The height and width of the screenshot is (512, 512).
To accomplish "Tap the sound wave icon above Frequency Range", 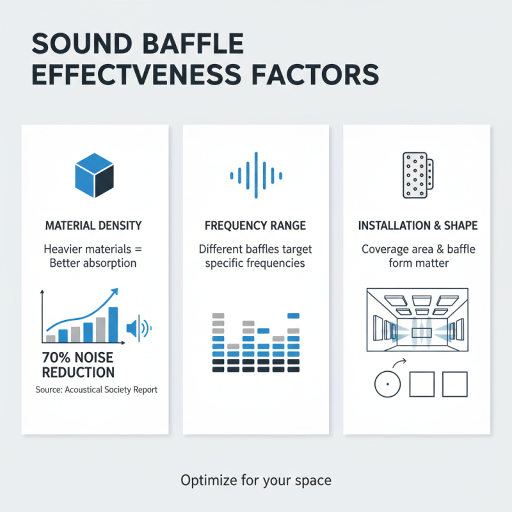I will coord(255,172).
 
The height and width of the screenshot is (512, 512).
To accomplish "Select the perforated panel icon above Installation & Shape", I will coord(417,174).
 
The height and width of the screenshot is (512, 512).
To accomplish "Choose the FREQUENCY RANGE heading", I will coord(255,226).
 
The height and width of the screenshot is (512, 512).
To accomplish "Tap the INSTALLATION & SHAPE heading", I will coord(417,226).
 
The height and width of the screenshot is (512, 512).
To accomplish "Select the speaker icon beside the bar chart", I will coord(136,328).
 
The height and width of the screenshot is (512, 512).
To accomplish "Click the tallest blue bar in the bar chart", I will coord(113,324).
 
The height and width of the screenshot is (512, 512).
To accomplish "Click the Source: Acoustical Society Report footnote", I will coord(96,390).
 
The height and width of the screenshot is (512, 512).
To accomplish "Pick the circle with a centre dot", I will coord(386,384).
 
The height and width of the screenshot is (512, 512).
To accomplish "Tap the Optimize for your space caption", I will coord(256,479).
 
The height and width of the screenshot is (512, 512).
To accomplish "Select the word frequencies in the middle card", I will coord(271,264).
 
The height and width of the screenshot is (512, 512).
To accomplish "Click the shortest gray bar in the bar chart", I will coord(51,338).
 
